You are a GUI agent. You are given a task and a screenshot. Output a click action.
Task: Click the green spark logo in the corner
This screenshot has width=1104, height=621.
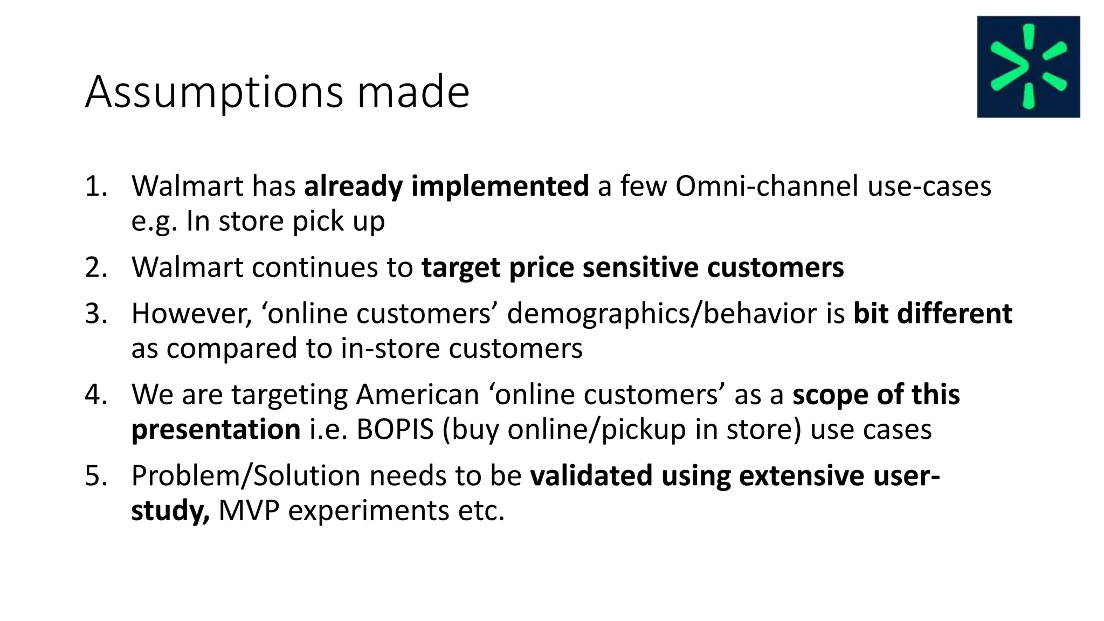[1028, 66]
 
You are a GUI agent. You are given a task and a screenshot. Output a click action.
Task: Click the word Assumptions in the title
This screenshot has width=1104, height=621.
[214, 92]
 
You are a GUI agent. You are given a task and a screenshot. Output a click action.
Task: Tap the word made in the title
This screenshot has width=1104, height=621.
[413, 92]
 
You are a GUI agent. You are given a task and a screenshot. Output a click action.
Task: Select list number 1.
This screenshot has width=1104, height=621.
[96, 186]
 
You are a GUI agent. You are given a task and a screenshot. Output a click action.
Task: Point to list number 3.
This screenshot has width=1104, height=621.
[96, 313]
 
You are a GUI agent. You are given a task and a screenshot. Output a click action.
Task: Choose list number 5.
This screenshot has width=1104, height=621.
[96, 475]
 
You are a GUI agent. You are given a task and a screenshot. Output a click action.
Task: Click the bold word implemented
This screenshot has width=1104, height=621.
[500, 186]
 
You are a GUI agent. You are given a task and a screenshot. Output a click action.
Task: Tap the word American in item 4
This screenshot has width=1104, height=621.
[417, 395]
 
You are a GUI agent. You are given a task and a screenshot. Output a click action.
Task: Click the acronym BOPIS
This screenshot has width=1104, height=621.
[395, 430]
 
